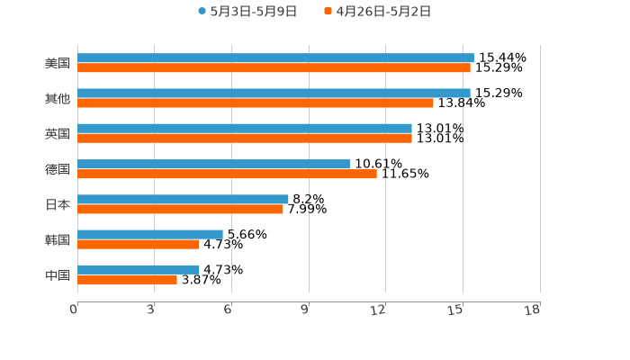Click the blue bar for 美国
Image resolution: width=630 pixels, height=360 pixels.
pyautogui.click(x=275, y=58)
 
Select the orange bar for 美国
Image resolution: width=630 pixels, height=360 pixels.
pyautogui.click(x=274, y=67)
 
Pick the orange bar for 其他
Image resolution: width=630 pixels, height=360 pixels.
pyautogui.click(x=256, y=103)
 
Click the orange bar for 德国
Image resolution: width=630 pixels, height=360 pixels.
pyautogui.click(x=227, y=174)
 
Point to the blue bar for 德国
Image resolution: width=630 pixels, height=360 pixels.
pyautogui.click(x=213, y=164)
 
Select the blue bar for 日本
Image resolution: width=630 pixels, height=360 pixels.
pyautogui.click(x=183, y=199)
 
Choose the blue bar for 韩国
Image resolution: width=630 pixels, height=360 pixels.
pyautogui.click(x=150, y=234)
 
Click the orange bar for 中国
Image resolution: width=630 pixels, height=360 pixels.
pyautogui.click(x=127, y=279)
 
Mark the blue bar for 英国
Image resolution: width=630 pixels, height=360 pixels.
pyautogui.click(x=245, y=128)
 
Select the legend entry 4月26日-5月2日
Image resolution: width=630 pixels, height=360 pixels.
pyautogui.click(x=383, y=12)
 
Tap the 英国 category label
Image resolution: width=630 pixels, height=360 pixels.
pyautogui.click(x=58, y=134)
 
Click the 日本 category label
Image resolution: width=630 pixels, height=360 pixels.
pyautogui.click(x=58, y=204)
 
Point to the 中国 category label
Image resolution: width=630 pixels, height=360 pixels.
pyautogui.click(x=58, y=274)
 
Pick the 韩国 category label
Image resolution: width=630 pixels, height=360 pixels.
pyautogui.click(x=58, y=239)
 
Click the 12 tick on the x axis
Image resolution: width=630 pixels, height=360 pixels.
pyautogui.click(x=379, y=310)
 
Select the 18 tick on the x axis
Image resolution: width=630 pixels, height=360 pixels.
pyautogui.click(x=533, y=310)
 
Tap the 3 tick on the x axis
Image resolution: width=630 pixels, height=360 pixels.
pyautogui.click(x=150, y=310)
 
